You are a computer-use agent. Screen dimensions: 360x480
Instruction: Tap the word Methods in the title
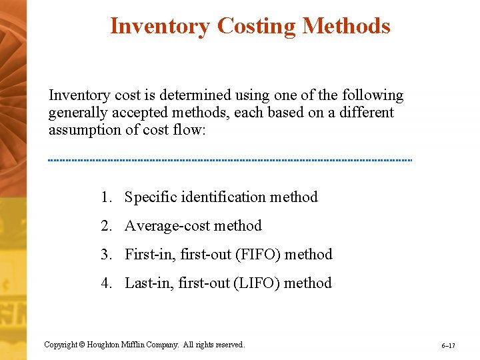[x=346, y=26]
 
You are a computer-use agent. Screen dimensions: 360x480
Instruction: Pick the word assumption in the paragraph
[x=85, y=129]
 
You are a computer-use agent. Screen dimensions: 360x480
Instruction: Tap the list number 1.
[x=106, y=197]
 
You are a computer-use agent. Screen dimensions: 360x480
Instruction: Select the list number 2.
[x=106, y=226]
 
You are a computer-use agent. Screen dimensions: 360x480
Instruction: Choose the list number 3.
[x=106, y=255]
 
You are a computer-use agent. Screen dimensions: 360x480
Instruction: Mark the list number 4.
[x=106, y=283]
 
